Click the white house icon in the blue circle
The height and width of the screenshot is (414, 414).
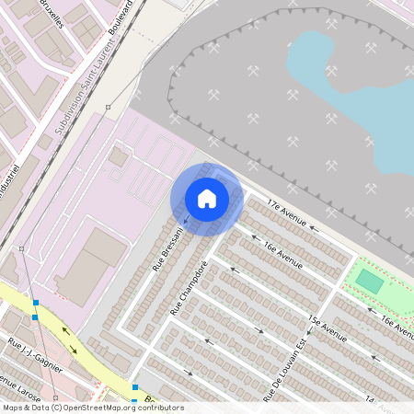[x=207, y=199]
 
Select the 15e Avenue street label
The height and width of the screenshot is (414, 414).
[x=327, y=329]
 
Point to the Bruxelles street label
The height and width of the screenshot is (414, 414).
[x=51, y=15]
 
